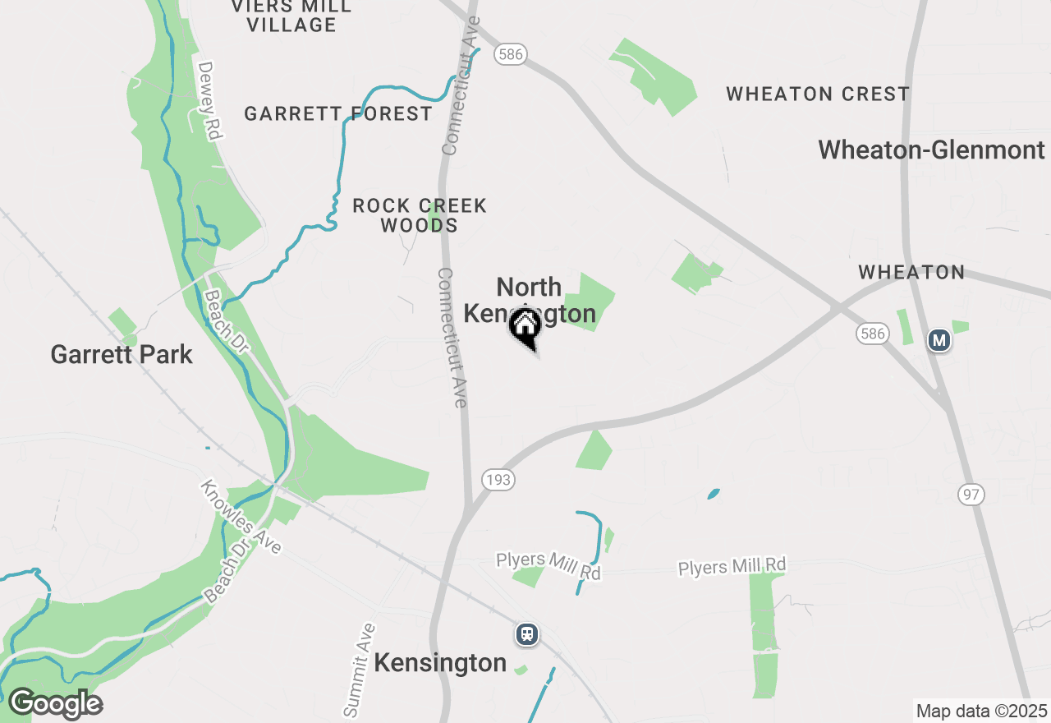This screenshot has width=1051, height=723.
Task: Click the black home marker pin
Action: (525, 328)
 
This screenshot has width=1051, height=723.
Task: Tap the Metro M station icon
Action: (939, 339)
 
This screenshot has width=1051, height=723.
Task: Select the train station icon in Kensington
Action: (527, 634)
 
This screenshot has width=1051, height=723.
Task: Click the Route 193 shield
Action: (498, 480)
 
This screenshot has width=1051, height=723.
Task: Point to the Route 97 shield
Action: (971, 494)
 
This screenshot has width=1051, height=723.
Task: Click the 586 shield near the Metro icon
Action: (872, 333)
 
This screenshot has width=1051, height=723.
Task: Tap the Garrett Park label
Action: (122, 355)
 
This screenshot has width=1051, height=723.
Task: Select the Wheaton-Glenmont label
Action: (931, 150)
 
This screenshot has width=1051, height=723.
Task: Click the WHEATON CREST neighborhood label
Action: (818, 94)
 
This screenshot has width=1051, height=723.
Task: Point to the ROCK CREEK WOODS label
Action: (420, 215)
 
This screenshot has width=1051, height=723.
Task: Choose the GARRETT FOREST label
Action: (338, 114)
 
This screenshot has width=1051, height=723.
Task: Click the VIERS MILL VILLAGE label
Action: (291, 16)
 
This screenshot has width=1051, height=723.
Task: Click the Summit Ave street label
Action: (358, 671)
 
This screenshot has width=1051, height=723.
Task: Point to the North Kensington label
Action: (530, 300)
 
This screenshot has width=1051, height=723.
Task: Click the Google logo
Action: (55, 704)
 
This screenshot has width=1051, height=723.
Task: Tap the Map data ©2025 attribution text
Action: (981, 711)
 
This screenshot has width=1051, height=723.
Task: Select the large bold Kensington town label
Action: (440, 663)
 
